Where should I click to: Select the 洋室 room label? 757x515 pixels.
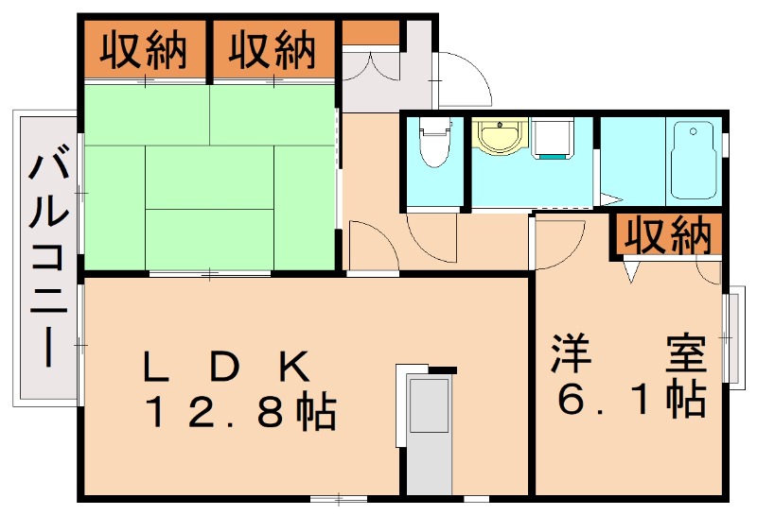[x=629, y=353]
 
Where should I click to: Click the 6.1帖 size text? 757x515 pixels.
[x=632, y=400]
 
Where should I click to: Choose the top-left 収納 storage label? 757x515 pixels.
[x=144, y=49]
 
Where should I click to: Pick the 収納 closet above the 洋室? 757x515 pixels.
[x=668, y=235]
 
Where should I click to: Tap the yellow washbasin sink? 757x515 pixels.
[x=500, y=135]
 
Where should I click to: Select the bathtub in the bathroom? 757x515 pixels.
[x=694, y=160]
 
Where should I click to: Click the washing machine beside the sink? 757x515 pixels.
[x=553, y=138]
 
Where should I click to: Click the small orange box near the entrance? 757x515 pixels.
[x=371, y=33]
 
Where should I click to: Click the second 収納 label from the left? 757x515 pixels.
[x=272, y=49]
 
